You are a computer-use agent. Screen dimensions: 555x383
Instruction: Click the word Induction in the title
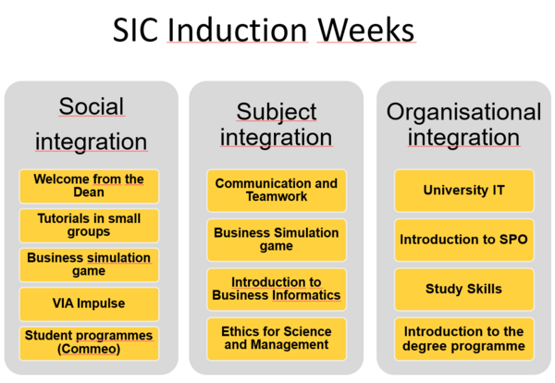237,30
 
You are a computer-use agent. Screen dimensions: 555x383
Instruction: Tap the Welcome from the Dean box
89,186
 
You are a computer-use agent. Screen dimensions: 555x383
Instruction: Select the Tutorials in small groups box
89,226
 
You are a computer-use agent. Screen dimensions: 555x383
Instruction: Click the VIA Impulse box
89,304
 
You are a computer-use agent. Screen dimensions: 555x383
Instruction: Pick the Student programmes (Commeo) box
89,343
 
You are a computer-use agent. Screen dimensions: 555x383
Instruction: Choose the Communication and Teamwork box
277,191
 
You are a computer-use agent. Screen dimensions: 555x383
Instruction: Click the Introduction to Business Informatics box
277,290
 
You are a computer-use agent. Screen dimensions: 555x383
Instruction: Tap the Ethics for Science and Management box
277,339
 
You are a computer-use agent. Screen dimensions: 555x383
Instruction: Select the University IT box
464,191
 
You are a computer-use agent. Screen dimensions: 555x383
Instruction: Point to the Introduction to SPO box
464,240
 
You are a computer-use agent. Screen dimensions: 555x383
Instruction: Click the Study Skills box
464,290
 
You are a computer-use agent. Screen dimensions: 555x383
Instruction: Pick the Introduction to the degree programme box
464,339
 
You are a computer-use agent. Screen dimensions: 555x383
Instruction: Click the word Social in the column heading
92,106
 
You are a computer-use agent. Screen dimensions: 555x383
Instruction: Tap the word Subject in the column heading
277,113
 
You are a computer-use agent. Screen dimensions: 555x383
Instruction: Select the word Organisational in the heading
463,113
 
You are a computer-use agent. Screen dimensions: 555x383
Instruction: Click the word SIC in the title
135,30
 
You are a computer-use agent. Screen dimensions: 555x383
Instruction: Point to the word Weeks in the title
366,30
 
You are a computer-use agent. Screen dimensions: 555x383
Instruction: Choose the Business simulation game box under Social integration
89,265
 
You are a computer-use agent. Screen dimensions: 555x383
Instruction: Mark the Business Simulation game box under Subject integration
277,240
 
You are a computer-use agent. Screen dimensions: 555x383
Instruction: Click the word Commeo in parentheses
89,349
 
